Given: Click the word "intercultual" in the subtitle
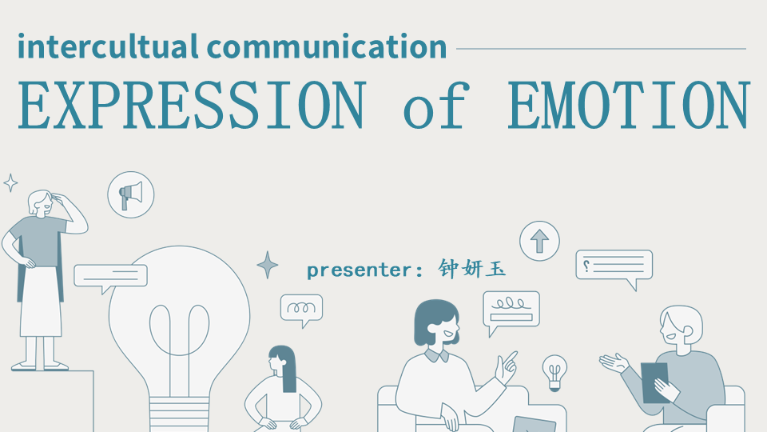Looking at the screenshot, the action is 108,46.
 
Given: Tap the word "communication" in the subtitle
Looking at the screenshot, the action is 327,46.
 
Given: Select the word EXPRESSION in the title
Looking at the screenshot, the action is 193,106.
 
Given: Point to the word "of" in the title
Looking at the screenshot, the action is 436,106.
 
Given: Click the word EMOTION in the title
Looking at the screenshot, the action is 629,106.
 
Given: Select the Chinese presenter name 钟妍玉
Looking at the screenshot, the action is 471,269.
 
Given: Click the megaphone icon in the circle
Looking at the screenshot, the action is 130,195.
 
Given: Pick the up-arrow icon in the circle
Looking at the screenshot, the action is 539,241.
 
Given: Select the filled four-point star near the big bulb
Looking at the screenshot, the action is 268,265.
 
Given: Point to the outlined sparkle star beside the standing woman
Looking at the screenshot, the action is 10,183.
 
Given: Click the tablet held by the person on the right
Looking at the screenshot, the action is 654,382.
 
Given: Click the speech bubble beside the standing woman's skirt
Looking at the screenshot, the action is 110,278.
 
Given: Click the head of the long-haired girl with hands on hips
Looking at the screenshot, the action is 280,359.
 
